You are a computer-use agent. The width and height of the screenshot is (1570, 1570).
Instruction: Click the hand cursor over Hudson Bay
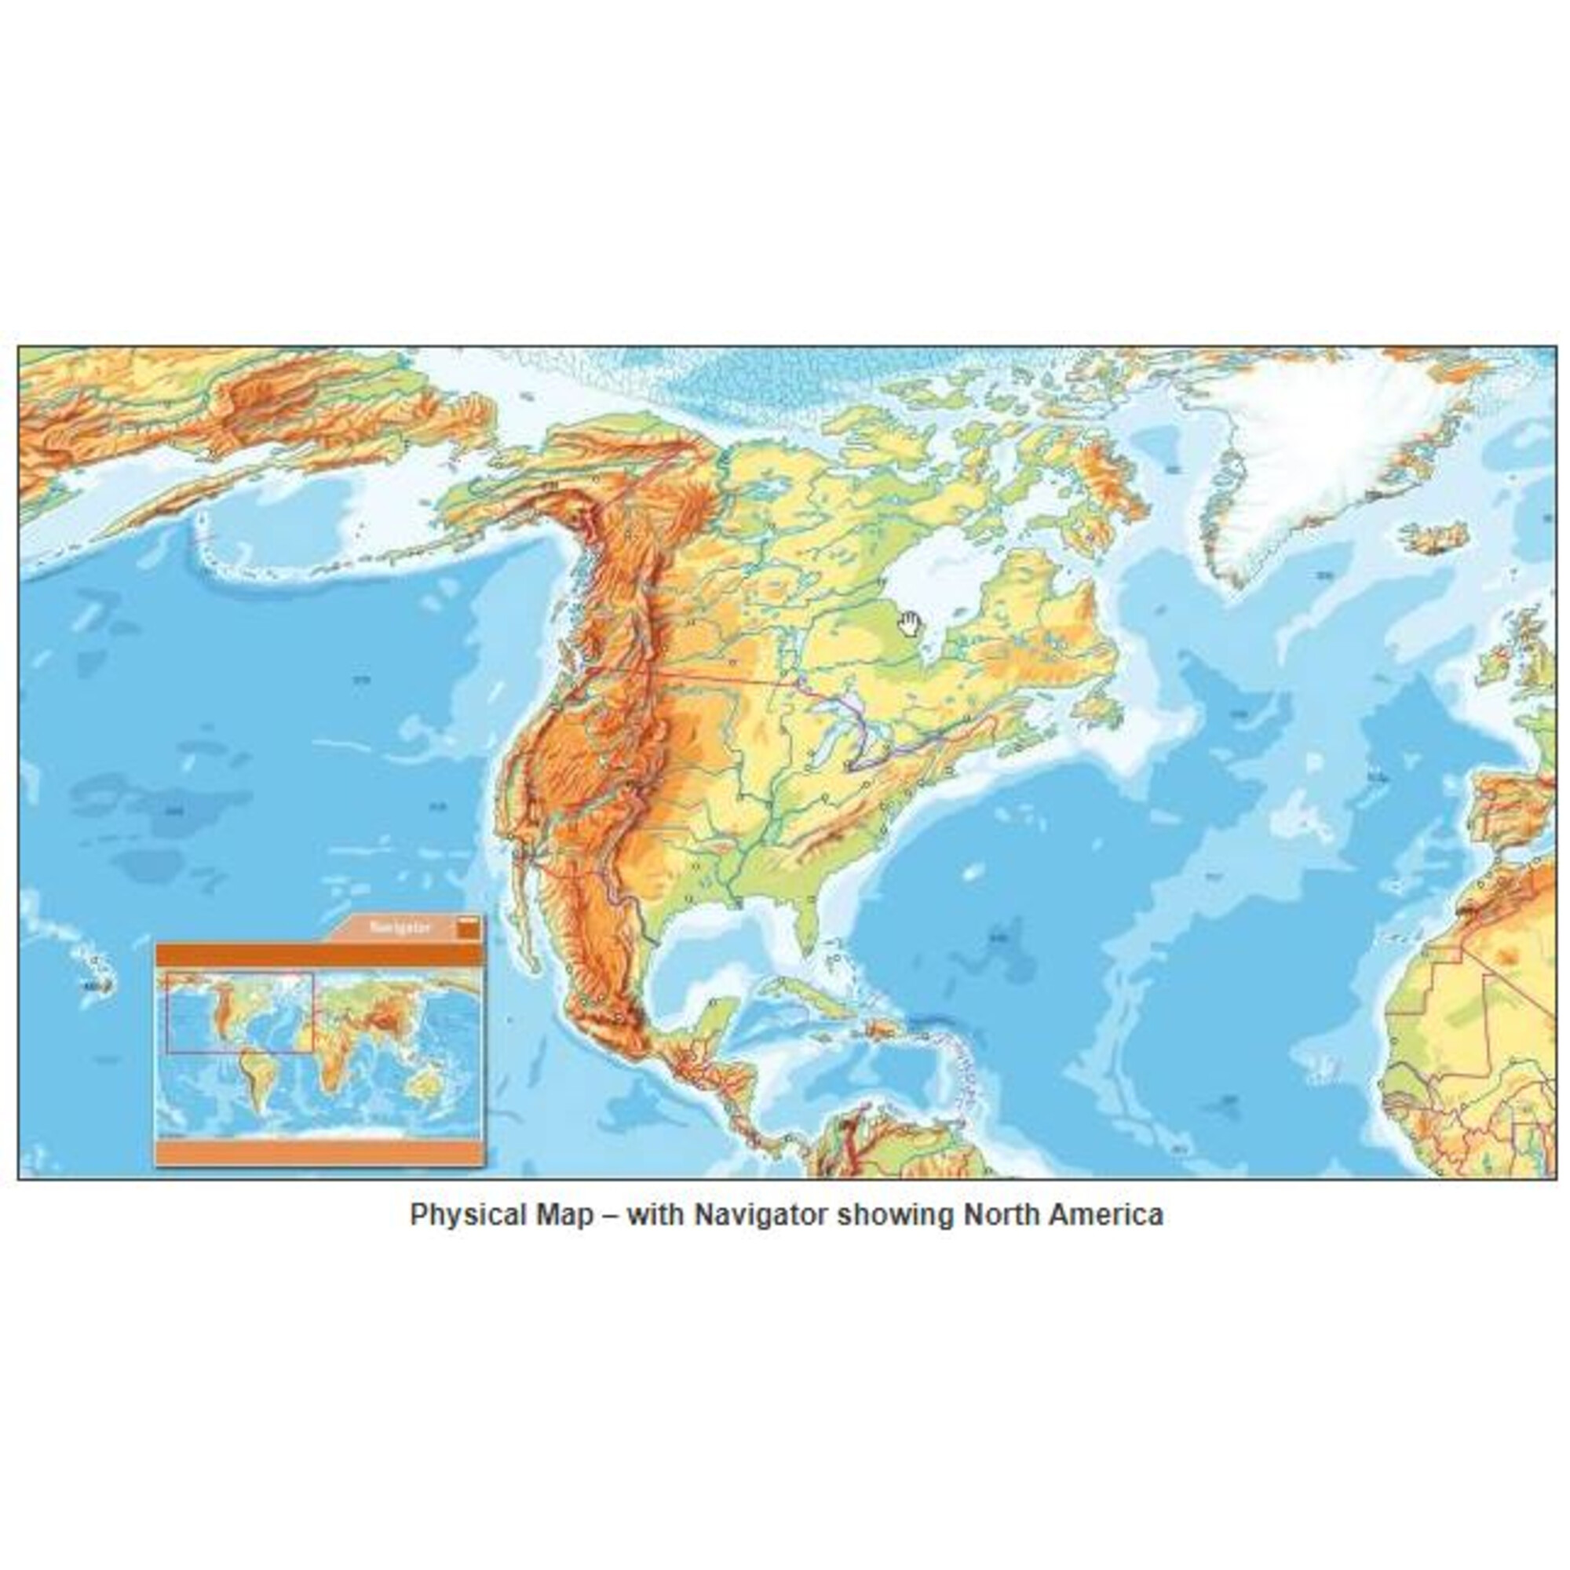point(909,624)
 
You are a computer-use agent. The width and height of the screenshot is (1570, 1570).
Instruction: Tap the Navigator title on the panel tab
point(400,927)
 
